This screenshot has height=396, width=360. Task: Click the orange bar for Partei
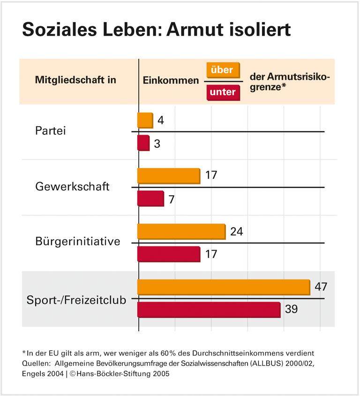click(x=145, y=120)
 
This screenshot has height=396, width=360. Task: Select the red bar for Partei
click(x=143, y=143)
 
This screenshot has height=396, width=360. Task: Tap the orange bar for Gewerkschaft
click(x=168, y=176)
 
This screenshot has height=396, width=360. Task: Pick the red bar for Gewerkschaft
click(x=150, y=198)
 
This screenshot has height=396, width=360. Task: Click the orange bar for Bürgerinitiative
click(x=181, y=232)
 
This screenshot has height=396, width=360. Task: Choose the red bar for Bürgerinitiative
click(x=168, y=254)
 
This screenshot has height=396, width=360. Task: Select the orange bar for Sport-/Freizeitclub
click(x=223, y=287)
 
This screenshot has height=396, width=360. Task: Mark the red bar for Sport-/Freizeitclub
click(x=209, y=310)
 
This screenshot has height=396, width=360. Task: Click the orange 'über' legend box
click(x=223, y=70)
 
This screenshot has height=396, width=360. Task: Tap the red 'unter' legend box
click(x=223, y=92)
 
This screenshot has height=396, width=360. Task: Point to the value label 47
click(x=321, y=286)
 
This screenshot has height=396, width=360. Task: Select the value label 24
click(x=236, y=232)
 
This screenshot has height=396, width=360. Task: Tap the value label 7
click(x=172, y=199)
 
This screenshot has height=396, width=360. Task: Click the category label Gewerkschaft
click(x=72, y=186)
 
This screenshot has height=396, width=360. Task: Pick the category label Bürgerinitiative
click(x=78, y=242)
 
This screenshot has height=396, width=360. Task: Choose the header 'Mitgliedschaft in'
click(x=75, y=80)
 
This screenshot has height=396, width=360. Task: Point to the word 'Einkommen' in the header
click(x=171, y=81)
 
